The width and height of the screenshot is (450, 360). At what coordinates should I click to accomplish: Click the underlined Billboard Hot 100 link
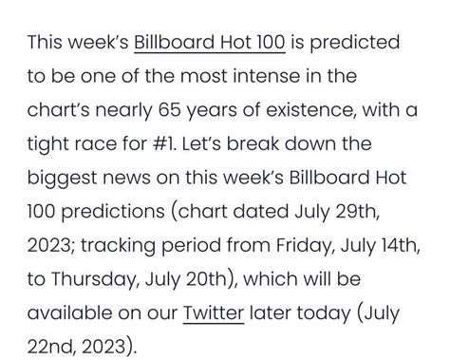pyautogui.click(x=202, y=43)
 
